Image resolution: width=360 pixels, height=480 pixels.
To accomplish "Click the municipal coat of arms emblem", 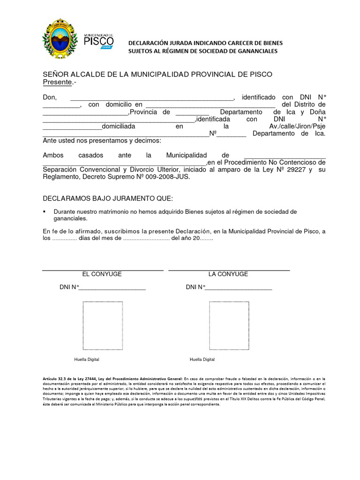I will (x=59, y=39).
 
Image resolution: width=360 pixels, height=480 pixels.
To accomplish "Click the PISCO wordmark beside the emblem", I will (x=98, y=42).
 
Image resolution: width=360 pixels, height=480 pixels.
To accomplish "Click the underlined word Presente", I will (x=57, y=82).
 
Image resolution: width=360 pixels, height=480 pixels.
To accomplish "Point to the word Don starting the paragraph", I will (x=50, y=97).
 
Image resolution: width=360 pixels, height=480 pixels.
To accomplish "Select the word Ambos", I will (x=53, y=155).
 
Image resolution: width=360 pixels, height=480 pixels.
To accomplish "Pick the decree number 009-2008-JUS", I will (x=169, y=177).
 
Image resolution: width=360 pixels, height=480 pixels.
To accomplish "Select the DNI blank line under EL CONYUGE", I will (x=112, y=288).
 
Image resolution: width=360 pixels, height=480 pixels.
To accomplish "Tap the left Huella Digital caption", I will (x=87, y=360).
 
